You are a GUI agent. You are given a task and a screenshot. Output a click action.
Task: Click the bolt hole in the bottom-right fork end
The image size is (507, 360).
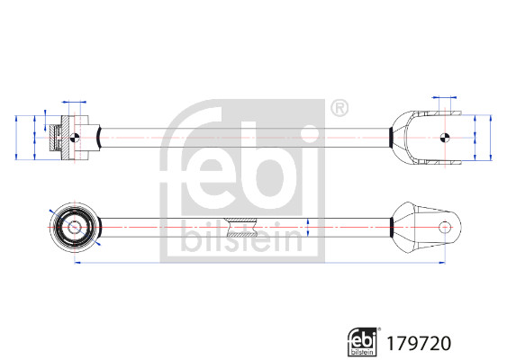pos(444,227)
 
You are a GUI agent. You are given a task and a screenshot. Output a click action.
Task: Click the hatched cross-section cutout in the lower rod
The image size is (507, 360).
pos(241,226)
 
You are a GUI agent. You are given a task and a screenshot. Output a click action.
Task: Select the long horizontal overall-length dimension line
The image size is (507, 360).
pos(261,263)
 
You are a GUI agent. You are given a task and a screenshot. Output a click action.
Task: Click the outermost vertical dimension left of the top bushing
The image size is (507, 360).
pos(18,137)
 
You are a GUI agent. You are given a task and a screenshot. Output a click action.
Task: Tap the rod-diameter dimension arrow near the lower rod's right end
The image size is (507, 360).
pos(310,227)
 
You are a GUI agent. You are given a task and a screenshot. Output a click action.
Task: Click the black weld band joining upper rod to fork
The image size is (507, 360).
pos(390,137)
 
